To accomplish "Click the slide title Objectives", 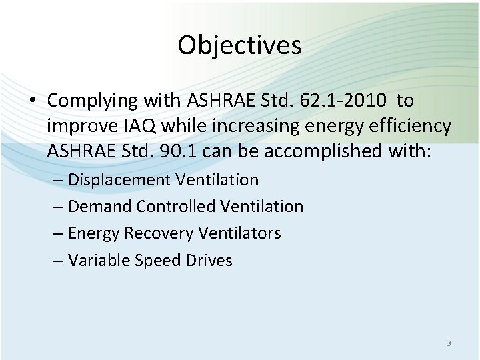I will [x=239, y=45].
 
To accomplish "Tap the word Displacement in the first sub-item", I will [x=120, y=180].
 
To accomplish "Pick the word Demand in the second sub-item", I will [x=100, y=207].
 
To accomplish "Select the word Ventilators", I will [x=239, y=233].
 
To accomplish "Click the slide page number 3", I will [x=449, y=343].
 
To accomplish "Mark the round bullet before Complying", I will [x=33, y=101].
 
